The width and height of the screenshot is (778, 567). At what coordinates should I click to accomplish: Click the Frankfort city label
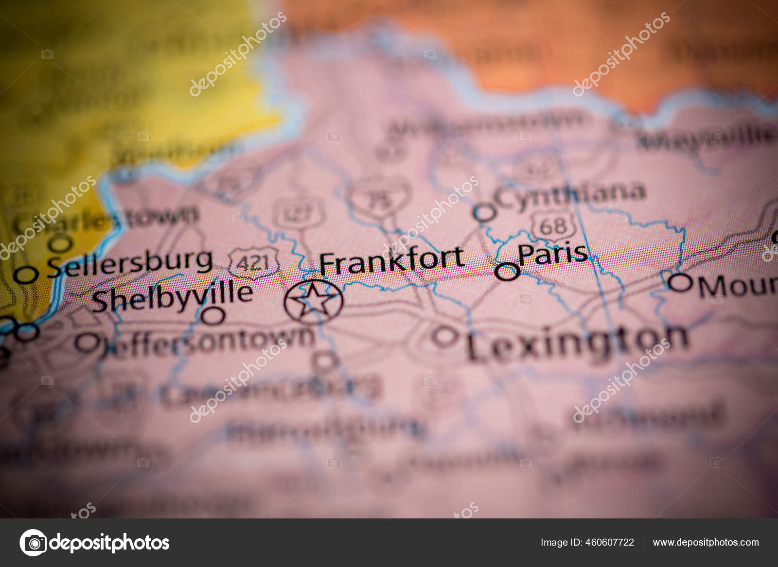pos(391,260)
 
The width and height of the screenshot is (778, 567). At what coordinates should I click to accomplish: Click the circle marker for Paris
pos(507,271)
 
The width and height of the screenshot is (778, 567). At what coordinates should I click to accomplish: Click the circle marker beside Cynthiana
pos(484,212)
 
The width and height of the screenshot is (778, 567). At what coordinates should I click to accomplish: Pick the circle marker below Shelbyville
pos(213,316)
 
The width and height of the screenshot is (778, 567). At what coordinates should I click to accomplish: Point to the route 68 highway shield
pos(553,225)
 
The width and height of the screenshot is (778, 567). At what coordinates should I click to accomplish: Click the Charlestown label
pos(105,219)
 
